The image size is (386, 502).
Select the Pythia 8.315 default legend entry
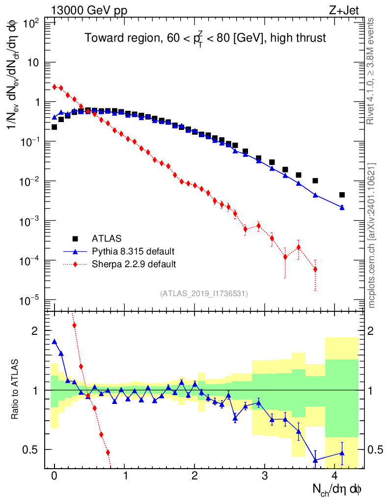pyautogui.click(x=133, y=251)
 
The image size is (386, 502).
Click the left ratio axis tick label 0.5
pyautogui.click(x=32, y=449)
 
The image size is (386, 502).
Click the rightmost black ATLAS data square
pyautogui.click(x=342, y=195)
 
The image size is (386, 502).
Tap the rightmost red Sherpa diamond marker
pyautogui.click(x=315, y=269)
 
